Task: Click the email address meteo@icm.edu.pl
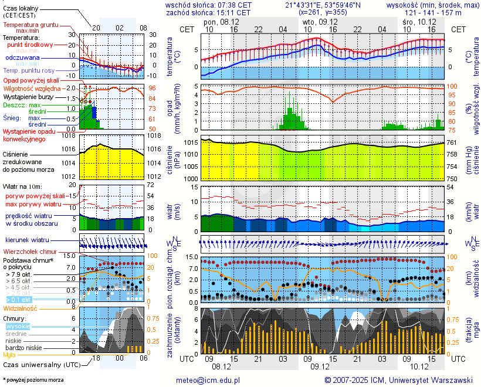pyautogui.click(x=208, y=380)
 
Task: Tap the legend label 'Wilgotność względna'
pyautogui.click(x=32, y=88)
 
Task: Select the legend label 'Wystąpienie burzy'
pyautogui.click(x=28, y=96)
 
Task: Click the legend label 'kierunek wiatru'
pyautogui.click(x=28, y=240)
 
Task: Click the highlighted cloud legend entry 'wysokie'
pyautogui.click(x=18, y=326)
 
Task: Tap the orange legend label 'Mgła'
pyautogui.click(x=9, y=355)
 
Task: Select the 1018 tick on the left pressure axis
pyautogui.click(x=71, y=135)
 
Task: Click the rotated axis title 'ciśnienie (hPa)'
pyautogui.click(x=174, y=158)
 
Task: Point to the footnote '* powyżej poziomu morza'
pyautogui.click(x=33, y=380)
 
